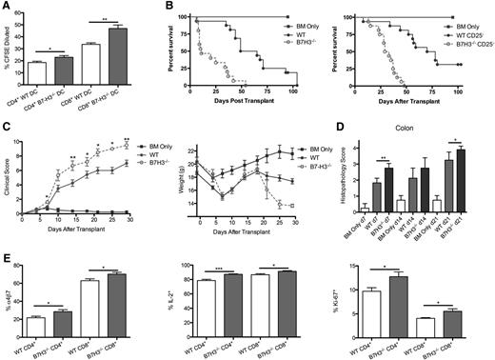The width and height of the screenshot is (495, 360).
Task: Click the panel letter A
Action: (x=7, y=7)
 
